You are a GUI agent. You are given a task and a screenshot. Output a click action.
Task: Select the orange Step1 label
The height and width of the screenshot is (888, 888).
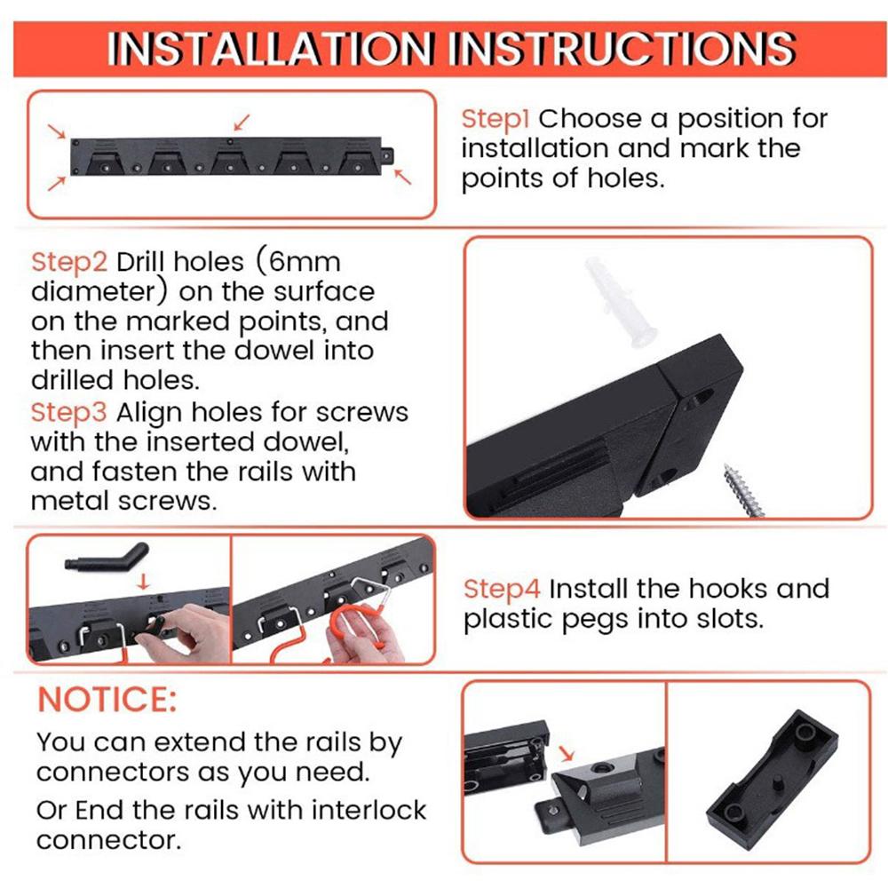pyautogui.click(x=496, y=119)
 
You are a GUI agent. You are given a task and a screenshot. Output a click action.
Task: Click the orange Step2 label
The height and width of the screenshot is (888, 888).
pyautogui.click(x=69, y=262)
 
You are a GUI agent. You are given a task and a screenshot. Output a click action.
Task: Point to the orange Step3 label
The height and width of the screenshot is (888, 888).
pyautogui.click(x=69, y=413)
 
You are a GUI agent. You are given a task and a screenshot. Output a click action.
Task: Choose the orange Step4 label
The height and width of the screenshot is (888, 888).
pyautogui.click(x=502, y=589)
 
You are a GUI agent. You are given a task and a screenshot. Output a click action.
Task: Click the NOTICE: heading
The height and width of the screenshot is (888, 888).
pyautogui.click(x=107, y=699)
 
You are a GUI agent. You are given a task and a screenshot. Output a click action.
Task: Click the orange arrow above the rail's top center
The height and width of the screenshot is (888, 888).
pyautogui.click(x=242, y=120)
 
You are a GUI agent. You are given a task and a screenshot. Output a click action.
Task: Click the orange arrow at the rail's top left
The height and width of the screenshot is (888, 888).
pyautogui.click(x=58, y=131)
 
